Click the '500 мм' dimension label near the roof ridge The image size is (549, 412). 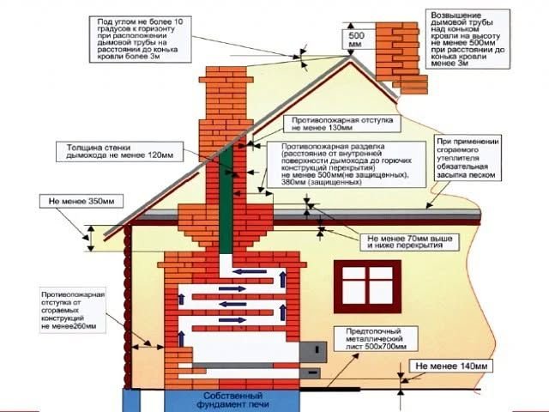click(x=355, y=39)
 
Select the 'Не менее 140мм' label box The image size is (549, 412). click(x=451, y=367)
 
